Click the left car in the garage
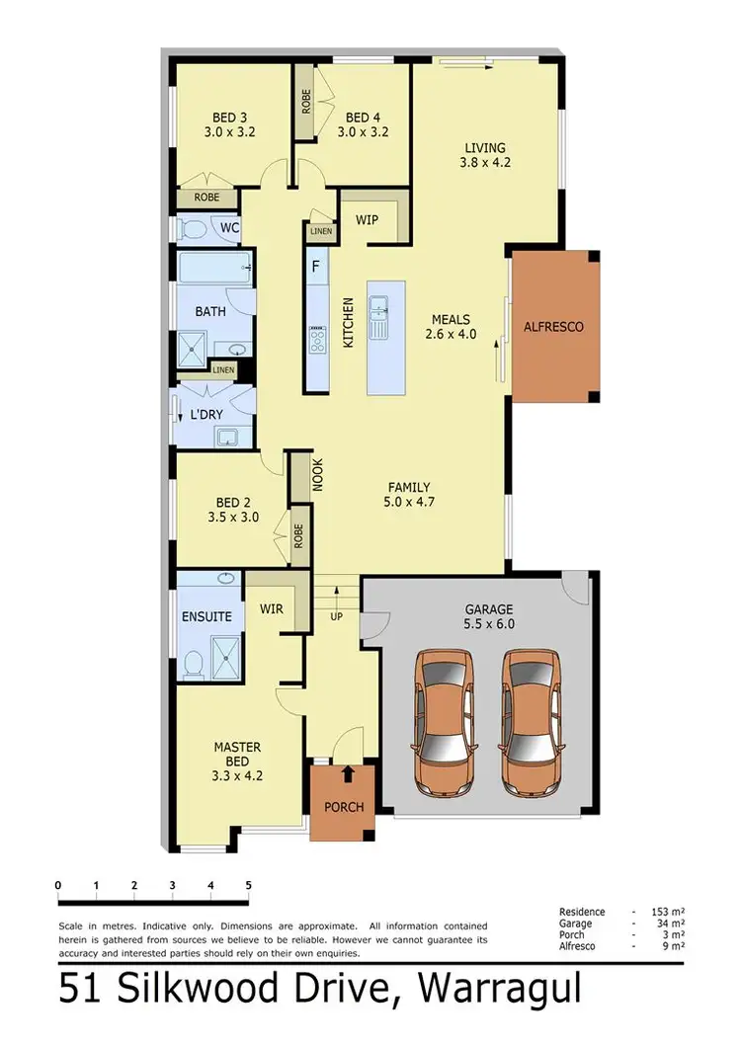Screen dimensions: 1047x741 coord(443,723)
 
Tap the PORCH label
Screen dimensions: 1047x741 coord(344,807)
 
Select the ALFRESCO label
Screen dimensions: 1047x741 coord(553,326)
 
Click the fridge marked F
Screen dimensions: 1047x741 coord(316,267)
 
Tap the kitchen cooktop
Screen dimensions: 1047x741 coord(318,342)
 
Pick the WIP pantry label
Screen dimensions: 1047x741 coord(367,219)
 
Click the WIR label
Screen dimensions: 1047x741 coord(271,608)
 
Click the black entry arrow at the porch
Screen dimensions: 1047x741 coord(348,773)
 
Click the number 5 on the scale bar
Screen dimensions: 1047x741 coord(248,885)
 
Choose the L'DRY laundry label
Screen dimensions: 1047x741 coord(206,415)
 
